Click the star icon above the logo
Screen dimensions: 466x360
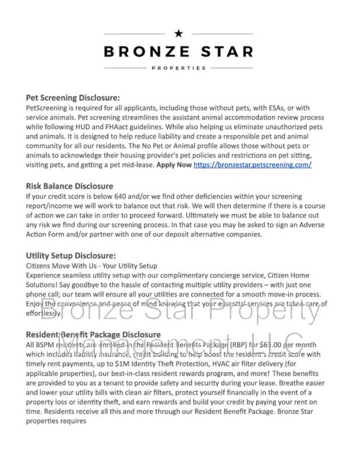click(x=179, y=33)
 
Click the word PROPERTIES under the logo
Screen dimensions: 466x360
click(x=179, y=68)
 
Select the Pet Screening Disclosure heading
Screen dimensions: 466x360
click(x=73, y=98)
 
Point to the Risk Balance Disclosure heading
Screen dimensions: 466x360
click(x=69, y=186)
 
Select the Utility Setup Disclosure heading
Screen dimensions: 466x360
click(x=70, y=256)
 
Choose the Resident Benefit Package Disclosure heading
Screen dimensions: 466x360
click(x=93, y=335)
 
